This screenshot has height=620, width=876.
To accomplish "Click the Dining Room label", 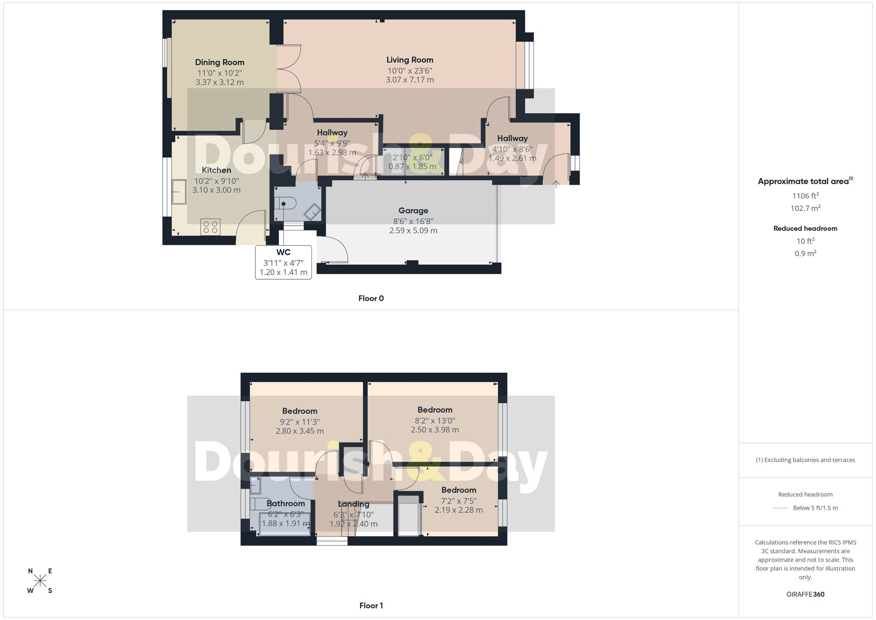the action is [x=219, y=62].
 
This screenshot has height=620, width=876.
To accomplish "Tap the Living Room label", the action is [x=410, y=60].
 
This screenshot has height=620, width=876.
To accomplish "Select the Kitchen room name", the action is [x=216, y=170].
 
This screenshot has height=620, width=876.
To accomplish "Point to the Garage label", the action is [x=413, y=210].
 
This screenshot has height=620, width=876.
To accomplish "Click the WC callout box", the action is [x=283, y=262].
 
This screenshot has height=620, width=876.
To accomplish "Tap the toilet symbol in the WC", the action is [x=286, y=204].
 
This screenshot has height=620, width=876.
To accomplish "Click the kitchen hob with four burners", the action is [x=210, y=227].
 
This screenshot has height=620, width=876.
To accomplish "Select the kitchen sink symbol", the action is [x=179, y=191].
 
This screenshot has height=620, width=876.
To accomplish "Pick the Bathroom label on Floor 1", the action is [x=286, y=503].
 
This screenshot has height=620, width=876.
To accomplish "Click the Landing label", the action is [x=353, y=504].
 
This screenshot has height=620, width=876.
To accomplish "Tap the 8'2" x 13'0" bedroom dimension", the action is [x=435, y=421].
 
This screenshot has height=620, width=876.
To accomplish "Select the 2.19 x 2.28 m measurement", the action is [x=459, y=510].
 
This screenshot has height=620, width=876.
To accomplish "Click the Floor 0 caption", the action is [x=371, y=298].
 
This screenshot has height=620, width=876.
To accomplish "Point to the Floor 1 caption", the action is [x=371, y=606].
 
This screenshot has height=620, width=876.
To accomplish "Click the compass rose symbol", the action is [x=40, y=581].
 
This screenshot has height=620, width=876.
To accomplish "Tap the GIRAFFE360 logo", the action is [x=805, y=594].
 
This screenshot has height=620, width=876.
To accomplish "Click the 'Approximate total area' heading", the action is [x=805, y=181].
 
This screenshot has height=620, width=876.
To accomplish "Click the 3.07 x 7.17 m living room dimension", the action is [x=410, y=80].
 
